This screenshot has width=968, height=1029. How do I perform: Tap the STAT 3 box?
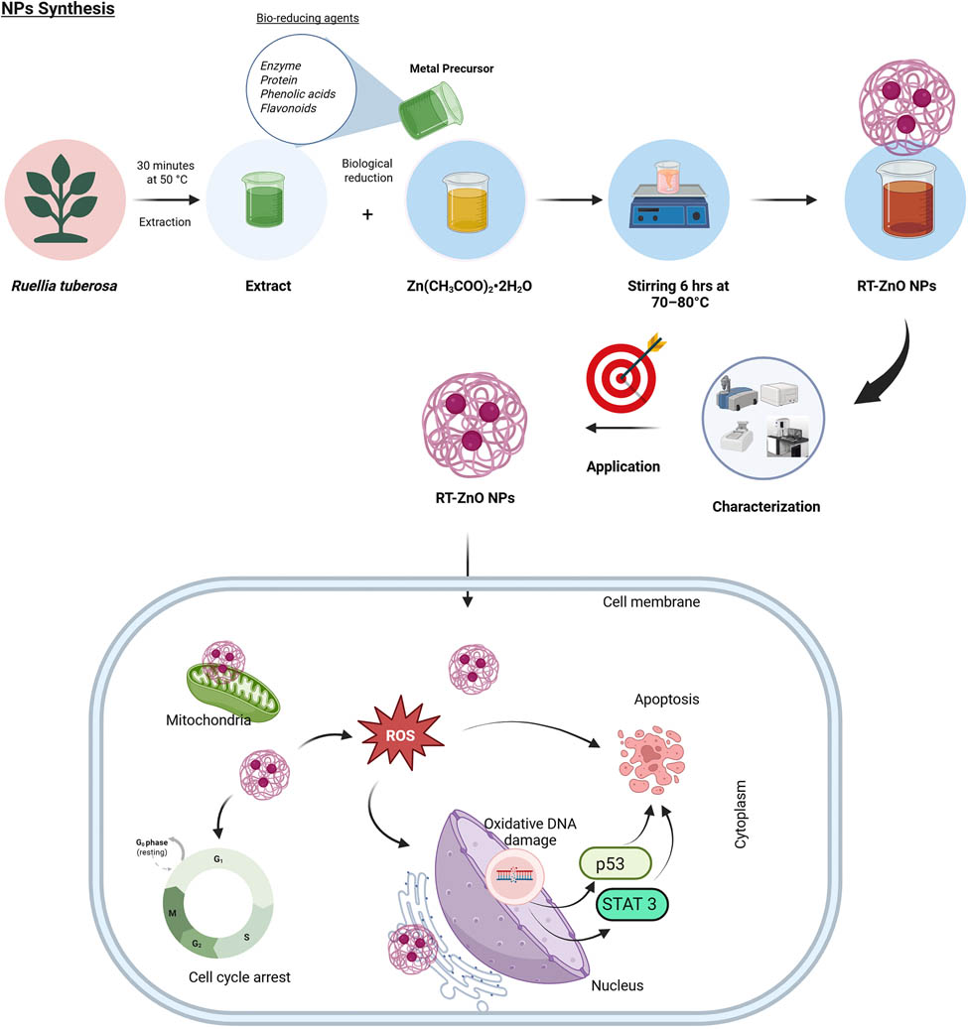point(632,904)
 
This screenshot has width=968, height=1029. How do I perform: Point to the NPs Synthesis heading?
point(58,10)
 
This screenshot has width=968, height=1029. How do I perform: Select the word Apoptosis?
point(667,699)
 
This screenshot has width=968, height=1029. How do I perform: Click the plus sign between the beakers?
point(368,213)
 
